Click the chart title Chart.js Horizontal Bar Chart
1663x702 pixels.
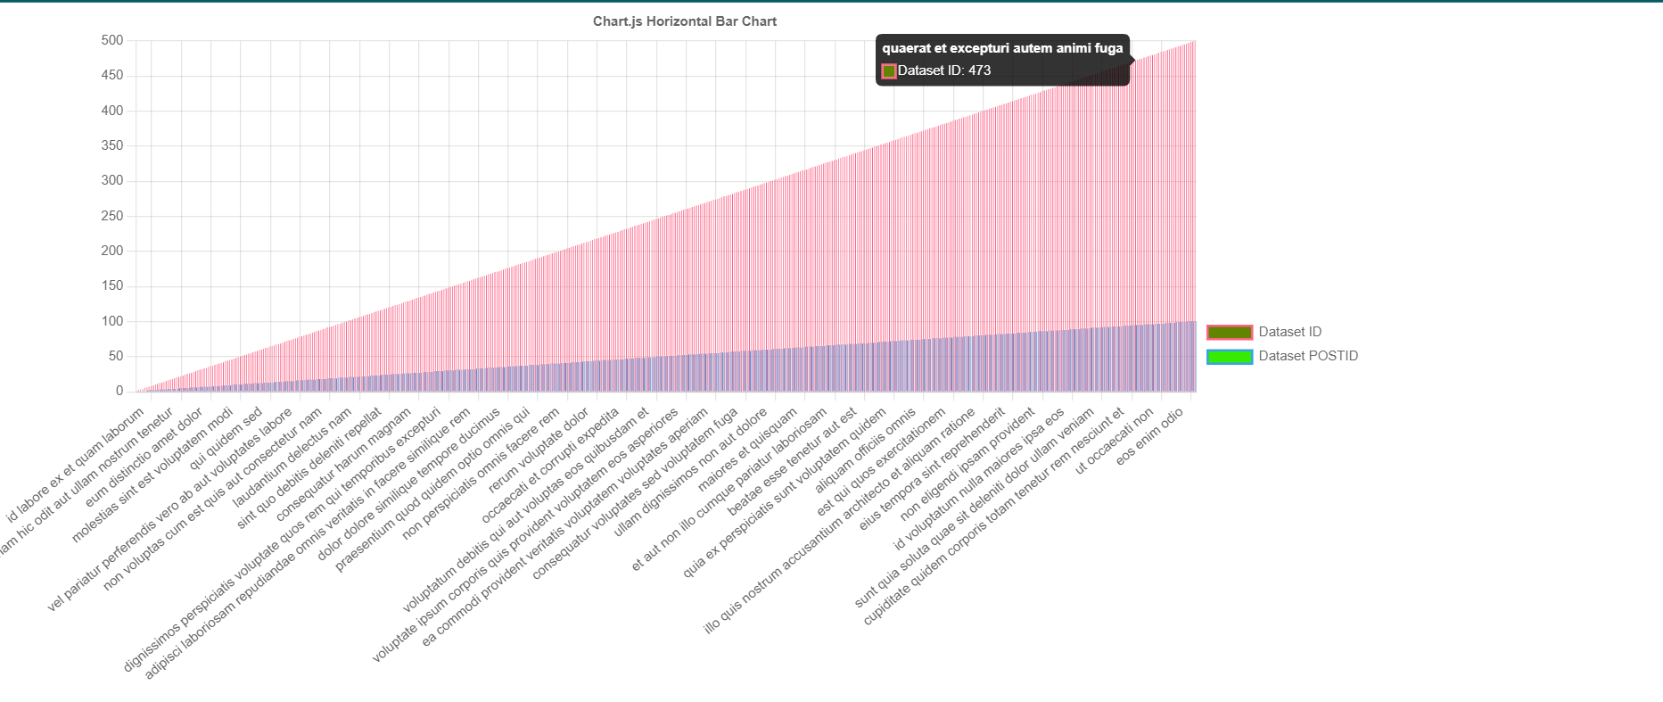[x=684, y=21]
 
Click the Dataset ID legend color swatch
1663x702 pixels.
[x=1230, y=333]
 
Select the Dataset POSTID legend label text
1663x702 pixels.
[x=1308, y=356]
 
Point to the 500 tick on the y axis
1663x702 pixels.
[x=112, y=40]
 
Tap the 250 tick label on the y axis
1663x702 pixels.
[x=112, y=216]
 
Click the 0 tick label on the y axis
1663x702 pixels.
[x=119, y=391]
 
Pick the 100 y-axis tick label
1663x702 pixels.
[x=112, y=321]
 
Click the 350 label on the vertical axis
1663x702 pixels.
[x=112, y=145]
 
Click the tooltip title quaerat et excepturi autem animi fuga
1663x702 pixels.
[x=1002, y=48]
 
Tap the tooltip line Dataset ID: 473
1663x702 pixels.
[x=943, y=70]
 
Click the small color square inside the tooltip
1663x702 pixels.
[x=889, y=70]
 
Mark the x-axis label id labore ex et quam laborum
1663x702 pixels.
[x=76, y=465]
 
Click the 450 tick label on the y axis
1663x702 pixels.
[x=112, y=76]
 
